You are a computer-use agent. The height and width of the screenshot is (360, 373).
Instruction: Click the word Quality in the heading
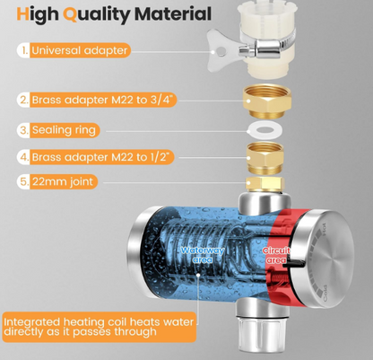pos(97,15)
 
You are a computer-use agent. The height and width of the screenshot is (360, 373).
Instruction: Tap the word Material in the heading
pos(173,13)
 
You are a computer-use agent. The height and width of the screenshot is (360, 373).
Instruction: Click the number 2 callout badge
pos(23,100)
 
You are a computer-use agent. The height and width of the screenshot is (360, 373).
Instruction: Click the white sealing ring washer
pos(263,130)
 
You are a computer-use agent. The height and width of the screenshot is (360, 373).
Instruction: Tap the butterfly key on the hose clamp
pos(222,50)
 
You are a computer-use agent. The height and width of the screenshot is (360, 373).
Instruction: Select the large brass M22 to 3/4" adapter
pos(266,101)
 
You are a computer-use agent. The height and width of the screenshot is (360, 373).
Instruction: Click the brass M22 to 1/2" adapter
pos(265,158)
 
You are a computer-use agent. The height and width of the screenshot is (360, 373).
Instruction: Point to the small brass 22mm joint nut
pos(265,184)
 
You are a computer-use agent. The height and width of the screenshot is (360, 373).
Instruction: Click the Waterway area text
pos(203,255)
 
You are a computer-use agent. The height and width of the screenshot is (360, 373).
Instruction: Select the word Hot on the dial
pos(323,229)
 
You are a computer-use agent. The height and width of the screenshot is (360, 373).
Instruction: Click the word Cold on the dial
pos(325,294)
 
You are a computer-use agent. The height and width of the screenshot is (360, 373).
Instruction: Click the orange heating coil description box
pos(100,327)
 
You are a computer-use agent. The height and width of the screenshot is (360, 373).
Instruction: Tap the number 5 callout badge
pos(23,181)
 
